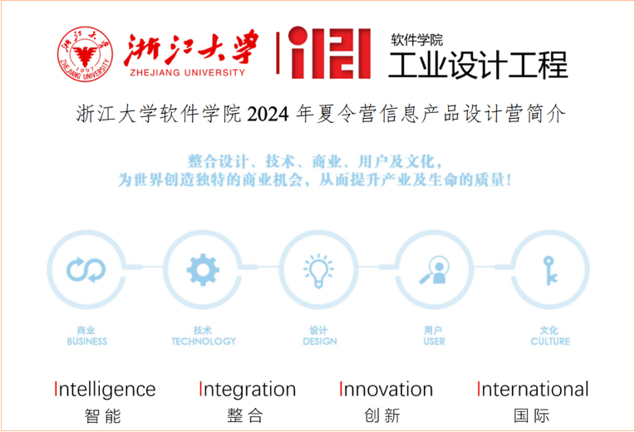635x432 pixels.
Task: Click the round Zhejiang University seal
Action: click(x=85, y=54)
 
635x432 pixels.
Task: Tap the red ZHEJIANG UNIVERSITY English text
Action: click(x=188, y=72)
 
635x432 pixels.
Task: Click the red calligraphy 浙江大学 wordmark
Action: click(x=190, y=48)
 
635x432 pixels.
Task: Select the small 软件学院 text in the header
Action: click(x=416, y=40)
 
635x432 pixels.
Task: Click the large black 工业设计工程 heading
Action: click(x=478, y=65)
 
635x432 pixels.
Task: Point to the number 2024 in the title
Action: click(x=268, y=115)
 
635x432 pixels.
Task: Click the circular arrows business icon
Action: click(x=86, y=270)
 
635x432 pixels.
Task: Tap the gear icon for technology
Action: click(x=203, y=270)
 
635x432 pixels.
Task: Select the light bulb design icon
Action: click(x=318, y=271)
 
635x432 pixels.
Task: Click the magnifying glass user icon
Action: click(x=435, y=270)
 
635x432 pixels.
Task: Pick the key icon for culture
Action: click(x=550, y=271)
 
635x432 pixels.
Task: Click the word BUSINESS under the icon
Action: click(x=87, y=341)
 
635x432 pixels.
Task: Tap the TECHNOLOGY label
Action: click(x=204, y=341)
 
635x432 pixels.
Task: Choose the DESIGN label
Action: click(x=320, y=341)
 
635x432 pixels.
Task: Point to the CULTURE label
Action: click(x=550, y=341)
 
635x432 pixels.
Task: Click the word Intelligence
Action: click(x=105, y=389)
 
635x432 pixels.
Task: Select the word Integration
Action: click(x=248, y=389)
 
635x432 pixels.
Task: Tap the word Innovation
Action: click(x=386, y=389)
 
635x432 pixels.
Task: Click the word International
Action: click(x=533, y=389)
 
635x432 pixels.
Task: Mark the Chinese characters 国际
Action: click(x=532, y=416)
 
